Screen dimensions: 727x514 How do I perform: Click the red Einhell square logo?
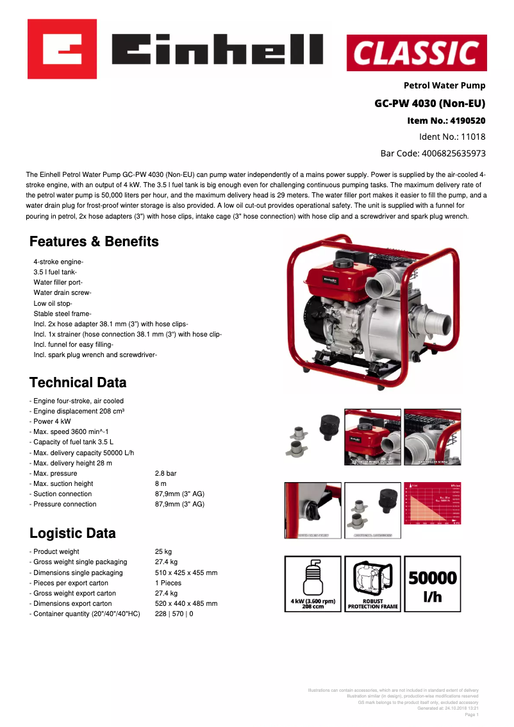click(x=62, y=49)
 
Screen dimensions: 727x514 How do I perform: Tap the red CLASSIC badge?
click(x=417, y=53)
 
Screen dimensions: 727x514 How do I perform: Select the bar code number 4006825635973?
click(x=453, y=153)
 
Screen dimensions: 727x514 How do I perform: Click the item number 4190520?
click(x=468, y=120)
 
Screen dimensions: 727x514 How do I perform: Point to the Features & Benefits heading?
click(x=94, y=242)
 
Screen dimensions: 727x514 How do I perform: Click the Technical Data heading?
click(x=78, y=383)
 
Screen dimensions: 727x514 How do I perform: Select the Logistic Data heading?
click(x=72, y=533)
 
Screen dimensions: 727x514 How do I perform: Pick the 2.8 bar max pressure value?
click(x=165, y=473)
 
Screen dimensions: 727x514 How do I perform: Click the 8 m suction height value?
click(x=161, y=483)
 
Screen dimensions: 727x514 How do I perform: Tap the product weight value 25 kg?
click(x=163, y=551)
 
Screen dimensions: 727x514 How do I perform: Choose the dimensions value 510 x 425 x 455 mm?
click(x=186, y=572)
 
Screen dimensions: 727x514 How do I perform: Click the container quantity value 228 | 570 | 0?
click(x=174, y=614)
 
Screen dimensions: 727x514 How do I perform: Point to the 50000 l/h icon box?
click(x=433, y=583)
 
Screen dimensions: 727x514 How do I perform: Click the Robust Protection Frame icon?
click(x=372, y=583)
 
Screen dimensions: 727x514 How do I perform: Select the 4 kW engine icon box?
click(x=313, y=583)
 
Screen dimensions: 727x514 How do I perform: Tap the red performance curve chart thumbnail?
click(x=433, y=510)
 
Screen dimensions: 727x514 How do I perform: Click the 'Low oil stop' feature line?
click(x=53, y=303)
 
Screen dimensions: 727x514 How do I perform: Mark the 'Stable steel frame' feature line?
click(x=62, y=313)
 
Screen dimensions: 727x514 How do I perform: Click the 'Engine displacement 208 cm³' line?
click(x=79, y=411)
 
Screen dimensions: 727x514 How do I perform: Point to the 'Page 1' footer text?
click(x=471, y=714)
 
